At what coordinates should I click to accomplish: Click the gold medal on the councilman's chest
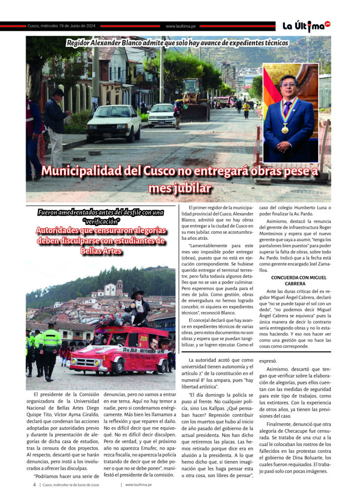285,128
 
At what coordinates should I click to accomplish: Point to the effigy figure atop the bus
136,305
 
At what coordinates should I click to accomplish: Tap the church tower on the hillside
120,288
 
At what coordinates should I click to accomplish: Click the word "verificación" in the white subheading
101,221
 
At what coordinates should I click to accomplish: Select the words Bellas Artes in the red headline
101,251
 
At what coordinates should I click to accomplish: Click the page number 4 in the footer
34,484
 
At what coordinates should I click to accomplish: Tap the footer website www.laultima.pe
138,484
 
